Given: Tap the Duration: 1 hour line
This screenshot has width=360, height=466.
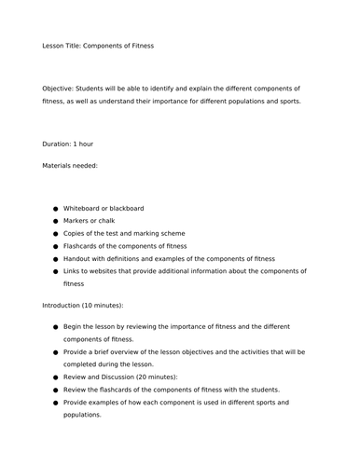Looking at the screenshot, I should (68, 144).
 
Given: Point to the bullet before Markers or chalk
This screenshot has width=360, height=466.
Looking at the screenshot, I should (56, 221).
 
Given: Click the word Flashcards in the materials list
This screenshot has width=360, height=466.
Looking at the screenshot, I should (84, 246).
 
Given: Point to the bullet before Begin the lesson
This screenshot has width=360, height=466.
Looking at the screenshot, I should (56, 327).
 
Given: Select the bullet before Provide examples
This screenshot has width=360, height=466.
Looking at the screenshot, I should (56, 403).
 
